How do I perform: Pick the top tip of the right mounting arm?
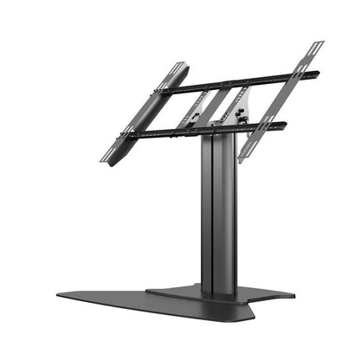[320, 42]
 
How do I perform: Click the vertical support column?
[217, 216]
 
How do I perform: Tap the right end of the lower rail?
[286, 126]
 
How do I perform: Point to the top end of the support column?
[216, 138]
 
